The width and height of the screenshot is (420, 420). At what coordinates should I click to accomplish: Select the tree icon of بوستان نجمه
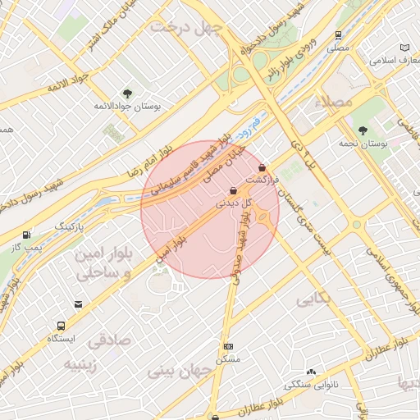click(x=363, y=130)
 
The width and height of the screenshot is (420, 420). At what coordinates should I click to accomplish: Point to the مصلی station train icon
click(x=338, y=35)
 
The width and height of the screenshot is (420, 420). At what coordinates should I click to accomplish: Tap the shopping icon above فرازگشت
click(x=262, y=167)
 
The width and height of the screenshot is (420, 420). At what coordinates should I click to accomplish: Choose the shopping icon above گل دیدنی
click(x=234, y=191)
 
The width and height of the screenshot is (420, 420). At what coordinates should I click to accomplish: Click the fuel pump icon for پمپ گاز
click(x=28, y=235)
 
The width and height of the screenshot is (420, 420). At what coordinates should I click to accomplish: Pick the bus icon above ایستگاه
click(x=61, y=325)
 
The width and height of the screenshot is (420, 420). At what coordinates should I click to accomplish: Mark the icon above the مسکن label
click(x=227, y=347)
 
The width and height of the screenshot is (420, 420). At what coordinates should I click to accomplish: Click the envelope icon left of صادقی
click(x=78, y=304)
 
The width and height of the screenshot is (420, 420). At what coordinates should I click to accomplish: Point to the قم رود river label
click(x=245, y=126)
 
